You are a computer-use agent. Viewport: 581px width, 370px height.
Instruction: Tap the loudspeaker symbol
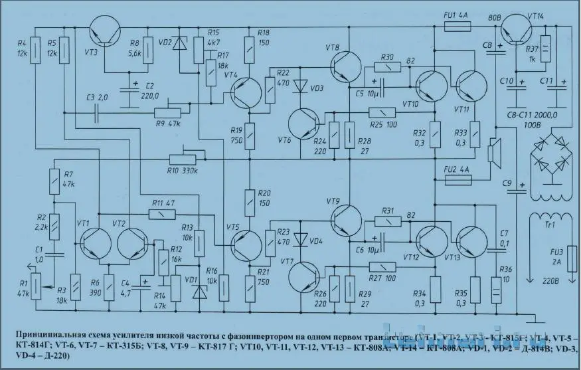click(x=493, y=152)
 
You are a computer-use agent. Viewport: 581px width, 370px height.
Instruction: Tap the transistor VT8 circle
click(x=346, y=65)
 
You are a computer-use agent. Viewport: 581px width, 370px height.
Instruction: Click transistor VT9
click(x=346, y=214)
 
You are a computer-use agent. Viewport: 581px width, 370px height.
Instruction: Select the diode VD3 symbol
click(x=302, y=86)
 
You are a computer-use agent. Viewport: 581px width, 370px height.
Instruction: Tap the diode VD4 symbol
click(x=302, y=237)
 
